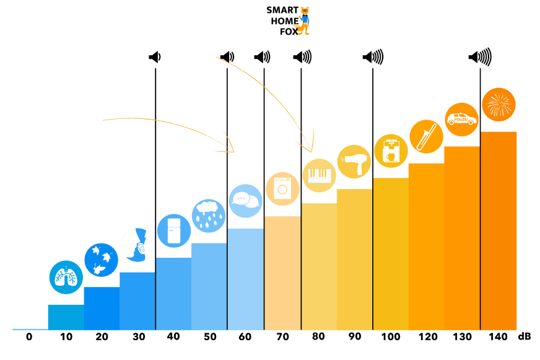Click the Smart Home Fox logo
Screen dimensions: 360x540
coord(287,20)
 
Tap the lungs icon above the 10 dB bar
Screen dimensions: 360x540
coord(66,277)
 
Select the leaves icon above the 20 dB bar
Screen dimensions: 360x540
coord(101,259)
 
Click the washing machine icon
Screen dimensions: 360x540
coord(282,188)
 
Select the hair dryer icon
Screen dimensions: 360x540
coord(354,162)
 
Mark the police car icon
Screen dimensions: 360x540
coord(462,119)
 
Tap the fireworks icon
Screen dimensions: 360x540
coord(499,104)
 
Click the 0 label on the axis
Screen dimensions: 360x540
coord(29,336)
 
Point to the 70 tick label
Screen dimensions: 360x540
coord(282,336)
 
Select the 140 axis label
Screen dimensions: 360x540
coord(499,336)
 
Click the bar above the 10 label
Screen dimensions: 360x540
coord(66,317)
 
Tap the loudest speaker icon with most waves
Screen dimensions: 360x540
coord(480,57)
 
